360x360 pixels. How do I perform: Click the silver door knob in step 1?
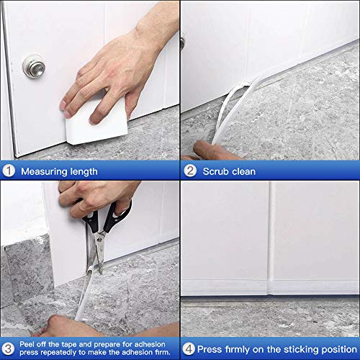[x=34, y=66]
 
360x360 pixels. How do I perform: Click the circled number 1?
[x=9, y=171]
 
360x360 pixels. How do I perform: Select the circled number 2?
[x=190, y=171]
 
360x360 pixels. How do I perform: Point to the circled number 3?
[x=9, y=348]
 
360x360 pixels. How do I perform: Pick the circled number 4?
[x=189, y=348]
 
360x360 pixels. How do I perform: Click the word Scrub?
[x=215, y=171]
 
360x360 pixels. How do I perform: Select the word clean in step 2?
[x=243, y=171]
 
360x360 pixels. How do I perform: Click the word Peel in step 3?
[x=27, y=344]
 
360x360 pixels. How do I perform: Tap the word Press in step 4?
[x=210, y=349]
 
